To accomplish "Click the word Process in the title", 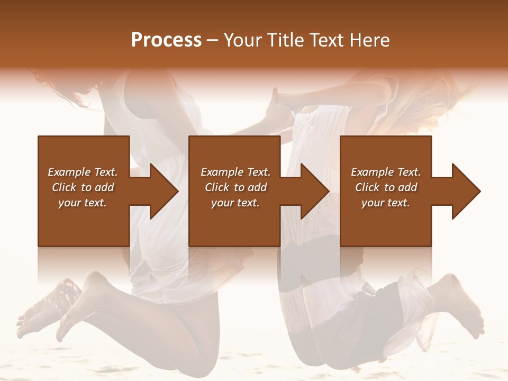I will [166, 40].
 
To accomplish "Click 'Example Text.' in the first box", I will [83, 172].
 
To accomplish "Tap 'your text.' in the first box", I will [83, 203].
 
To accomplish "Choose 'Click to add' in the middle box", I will [235, 187].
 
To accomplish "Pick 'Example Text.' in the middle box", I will [235, 172].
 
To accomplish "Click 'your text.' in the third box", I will [386, 203].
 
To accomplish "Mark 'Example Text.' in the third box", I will [386, 172].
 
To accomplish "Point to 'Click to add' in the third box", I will [386, 187].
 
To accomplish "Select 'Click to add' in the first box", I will [83, 187].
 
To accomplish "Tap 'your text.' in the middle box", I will [235, 203].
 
